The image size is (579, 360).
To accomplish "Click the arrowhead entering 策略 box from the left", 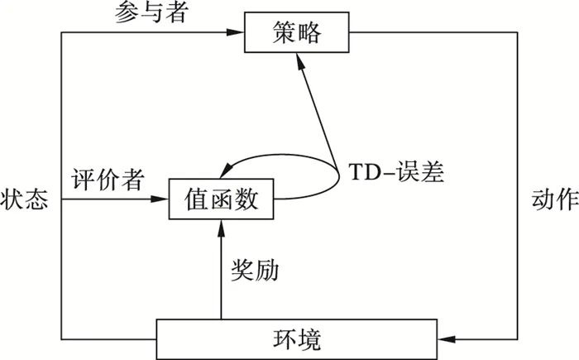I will pos(239,33).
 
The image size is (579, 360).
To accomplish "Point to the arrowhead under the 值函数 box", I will pos(221,227).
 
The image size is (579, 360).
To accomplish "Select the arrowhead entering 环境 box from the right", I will pos(448,338).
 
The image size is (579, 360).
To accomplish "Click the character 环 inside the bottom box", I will pos(285,338).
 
